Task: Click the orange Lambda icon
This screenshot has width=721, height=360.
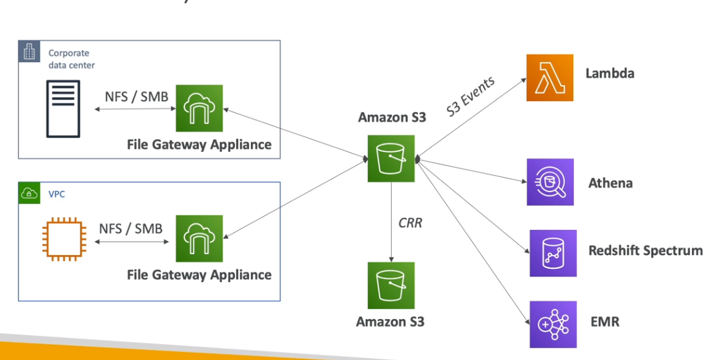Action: click(x=549, y=78)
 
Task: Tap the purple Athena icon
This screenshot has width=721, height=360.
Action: click(x=549, y=182)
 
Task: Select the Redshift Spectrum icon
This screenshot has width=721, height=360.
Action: click(x=553, y=253)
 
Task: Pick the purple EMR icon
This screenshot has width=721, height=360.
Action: click(x=553, y=324)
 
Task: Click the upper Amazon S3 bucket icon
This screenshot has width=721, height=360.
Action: click(x=391, y=159)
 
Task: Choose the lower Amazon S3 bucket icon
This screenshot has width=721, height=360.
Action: click(x=391, y=285)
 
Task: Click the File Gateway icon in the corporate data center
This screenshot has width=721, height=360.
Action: click(x=199, y=108)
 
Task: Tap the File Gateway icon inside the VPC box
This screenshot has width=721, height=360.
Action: click(x=199, y=238)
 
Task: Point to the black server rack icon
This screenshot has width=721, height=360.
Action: click(x=63, y=108)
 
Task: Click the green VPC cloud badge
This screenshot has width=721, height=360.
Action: click(x=29, y=194)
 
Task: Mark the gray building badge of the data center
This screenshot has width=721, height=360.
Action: click(x=29, y=52)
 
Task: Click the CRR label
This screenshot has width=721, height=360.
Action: click(x=410, y=223)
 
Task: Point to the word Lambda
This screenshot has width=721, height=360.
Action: click(x=609, y=73)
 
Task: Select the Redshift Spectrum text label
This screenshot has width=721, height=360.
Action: click(x=645, y=251)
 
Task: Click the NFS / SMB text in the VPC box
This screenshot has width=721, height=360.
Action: click(x=130, y=229)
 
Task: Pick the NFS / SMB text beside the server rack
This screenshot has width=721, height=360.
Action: click(x=137, y=96)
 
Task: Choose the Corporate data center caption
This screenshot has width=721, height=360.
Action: click(x=71, y=59)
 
